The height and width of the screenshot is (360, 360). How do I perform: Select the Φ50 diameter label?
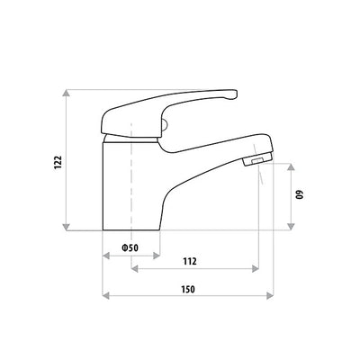point(130,247)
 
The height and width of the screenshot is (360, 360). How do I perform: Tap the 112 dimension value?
point(190,261)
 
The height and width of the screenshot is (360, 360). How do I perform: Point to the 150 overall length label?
point(188,289)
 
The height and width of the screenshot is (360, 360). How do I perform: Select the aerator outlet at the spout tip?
point(256,159)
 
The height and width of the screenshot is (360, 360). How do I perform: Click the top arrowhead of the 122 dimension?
point(68,94)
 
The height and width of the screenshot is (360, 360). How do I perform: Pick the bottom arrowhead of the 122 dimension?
point(68,227)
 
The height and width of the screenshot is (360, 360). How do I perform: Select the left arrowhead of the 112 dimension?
point(134,268)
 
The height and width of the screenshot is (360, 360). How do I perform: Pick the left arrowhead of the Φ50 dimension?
point(105,255)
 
